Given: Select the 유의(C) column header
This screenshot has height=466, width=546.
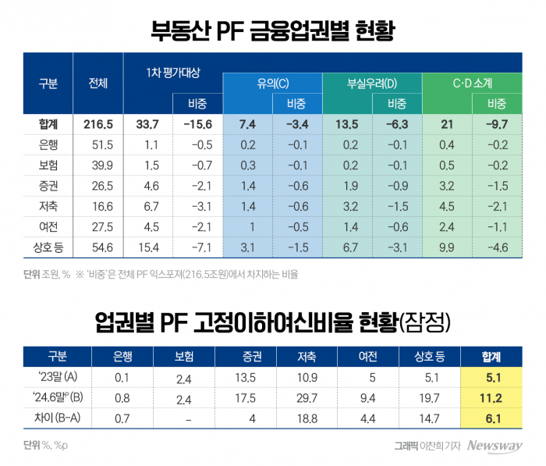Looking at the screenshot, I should tap(272, 83).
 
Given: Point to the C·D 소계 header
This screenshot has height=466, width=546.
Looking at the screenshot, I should tap(472, 83).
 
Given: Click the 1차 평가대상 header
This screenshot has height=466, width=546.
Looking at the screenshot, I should tap(173, 73).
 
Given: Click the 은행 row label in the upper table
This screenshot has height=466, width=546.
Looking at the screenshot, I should tap(48, 145).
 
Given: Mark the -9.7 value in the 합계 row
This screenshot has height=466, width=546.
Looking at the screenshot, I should tap(497, 124).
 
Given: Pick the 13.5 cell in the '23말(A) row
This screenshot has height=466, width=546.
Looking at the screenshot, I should tap(245, 379).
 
